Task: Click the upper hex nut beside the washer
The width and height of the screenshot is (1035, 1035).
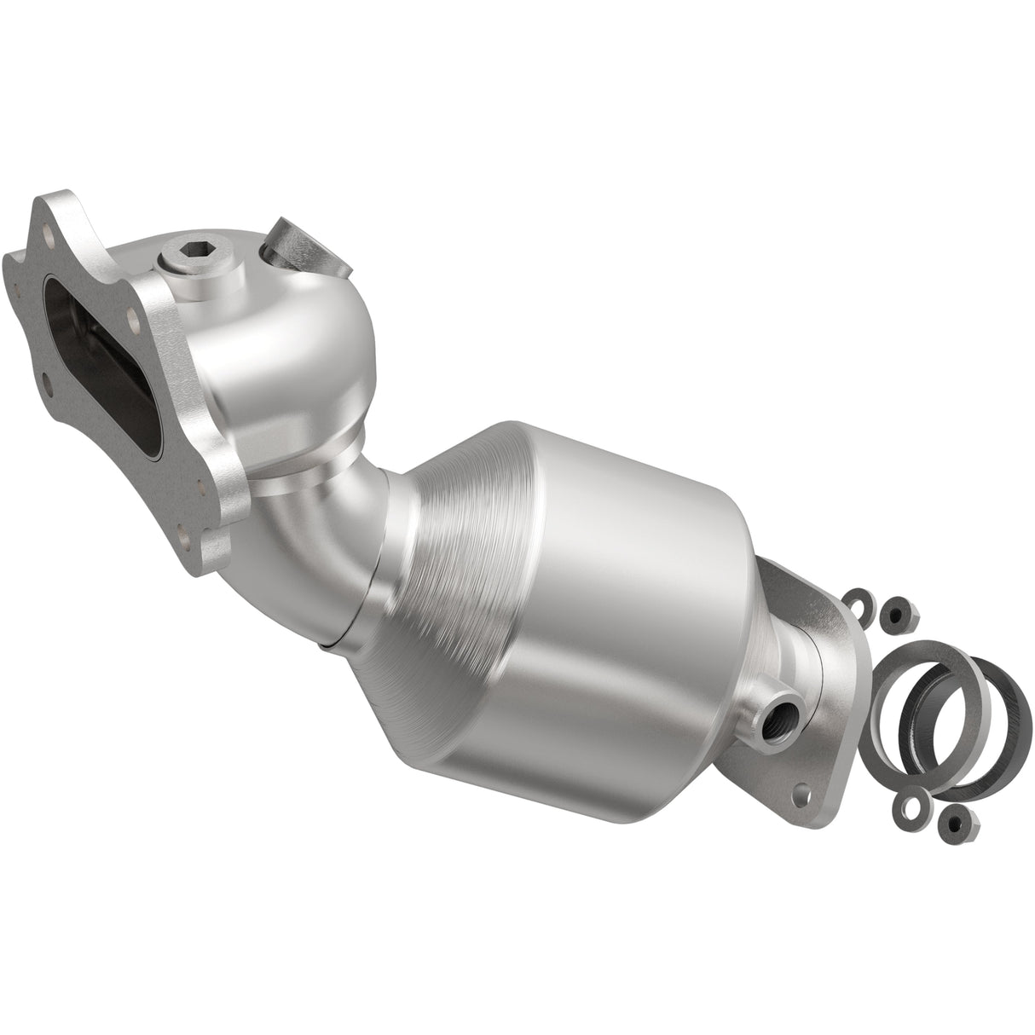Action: click(896, 610)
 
